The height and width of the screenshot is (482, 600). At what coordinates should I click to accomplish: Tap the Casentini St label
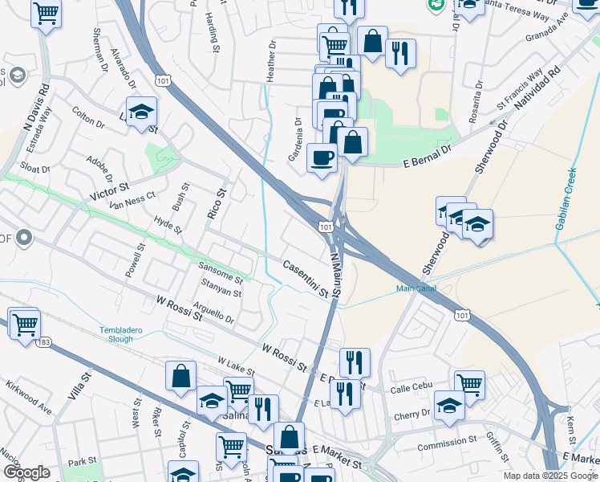click(x=306, y=278)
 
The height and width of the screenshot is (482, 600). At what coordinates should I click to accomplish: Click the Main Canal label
click(x=415, y=289)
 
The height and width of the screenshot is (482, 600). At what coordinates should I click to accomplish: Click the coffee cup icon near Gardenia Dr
click(x=322, y=157)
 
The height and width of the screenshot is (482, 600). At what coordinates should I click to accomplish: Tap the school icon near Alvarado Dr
click(x=141, y=112)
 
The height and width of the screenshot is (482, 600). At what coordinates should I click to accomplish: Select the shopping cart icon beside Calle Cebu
click(x=469, y=384)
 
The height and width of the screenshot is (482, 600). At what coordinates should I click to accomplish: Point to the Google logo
click(x=26, y=472)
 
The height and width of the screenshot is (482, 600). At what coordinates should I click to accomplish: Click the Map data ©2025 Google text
click(x=550, y=476)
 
